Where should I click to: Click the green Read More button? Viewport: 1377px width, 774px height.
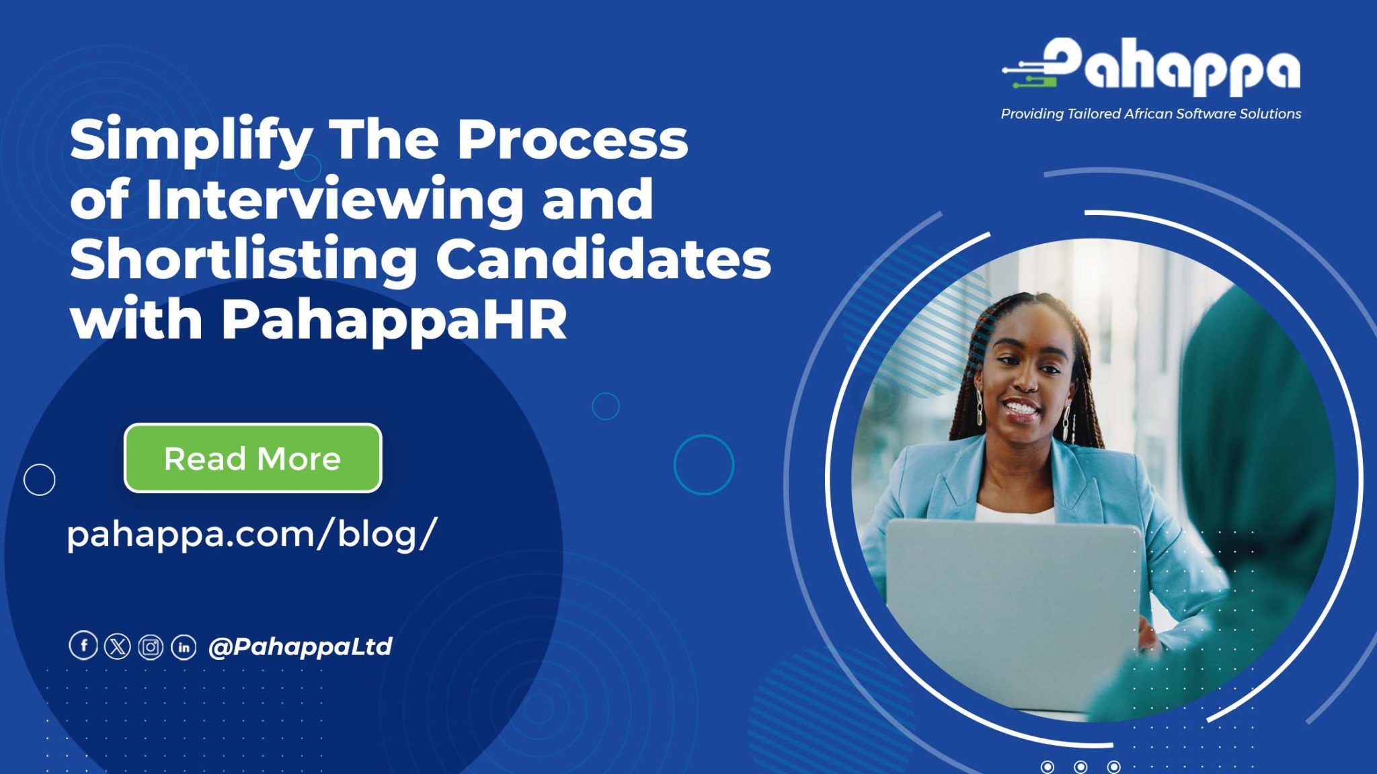253,458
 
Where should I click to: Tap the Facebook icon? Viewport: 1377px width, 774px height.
83,646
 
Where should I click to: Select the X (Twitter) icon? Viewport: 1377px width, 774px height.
117,646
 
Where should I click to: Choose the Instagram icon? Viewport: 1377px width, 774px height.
151,647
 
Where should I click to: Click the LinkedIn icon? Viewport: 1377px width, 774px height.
184,647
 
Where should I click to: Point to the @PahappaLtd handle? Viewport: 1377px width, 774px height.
300,646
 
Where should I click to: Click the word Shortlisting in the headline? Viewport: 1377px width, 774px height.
243,260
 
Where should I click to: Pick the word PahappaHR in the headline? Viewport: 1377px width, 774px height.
395,320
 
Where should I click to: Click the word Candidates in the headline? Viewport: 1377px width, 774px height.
604,259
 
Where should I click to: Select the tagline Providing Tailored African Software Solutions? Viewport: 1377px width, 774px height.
1151,114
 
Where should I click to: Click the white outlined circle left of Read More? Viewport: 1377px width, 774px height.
40,480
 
